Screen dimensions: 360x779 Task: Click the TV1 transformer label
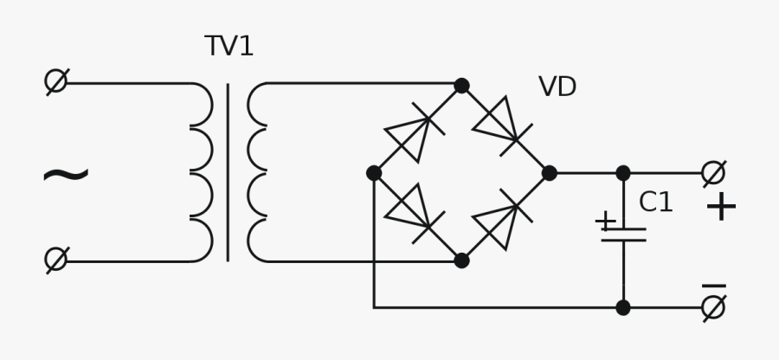(229, 47)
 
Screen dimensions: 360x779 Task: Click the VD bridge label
(557, 87)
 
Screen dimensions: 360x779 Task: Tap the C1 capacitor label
(656, 202)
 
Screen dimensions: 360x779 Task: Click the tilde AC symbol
(65, 176)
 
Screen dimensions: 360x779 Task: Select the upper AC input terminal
(56, 81)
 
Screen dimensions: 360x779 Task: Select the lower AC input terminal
(56, 260)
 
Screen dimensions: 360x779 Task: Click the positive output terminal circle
(713, 173)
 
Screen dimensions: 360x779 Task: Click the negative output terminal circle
(713, 307)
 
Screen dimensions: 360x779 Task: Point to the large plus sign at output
(720, 208)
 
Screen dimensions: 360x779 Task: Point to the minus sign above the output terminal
(713, 286)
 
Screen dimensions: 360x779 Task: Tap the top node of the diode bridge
(461, 86)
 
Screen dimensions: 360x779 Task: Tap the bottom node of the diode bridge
(461, 260)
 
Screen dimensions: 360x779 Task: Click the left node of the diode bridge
(374, 173)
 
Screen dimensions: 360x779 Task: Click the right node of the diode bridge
(550, 173)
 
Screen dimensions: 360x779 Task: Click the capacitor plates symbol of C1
(623, 234)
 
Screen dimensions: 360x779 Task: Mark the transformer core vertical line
(228, 172)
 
